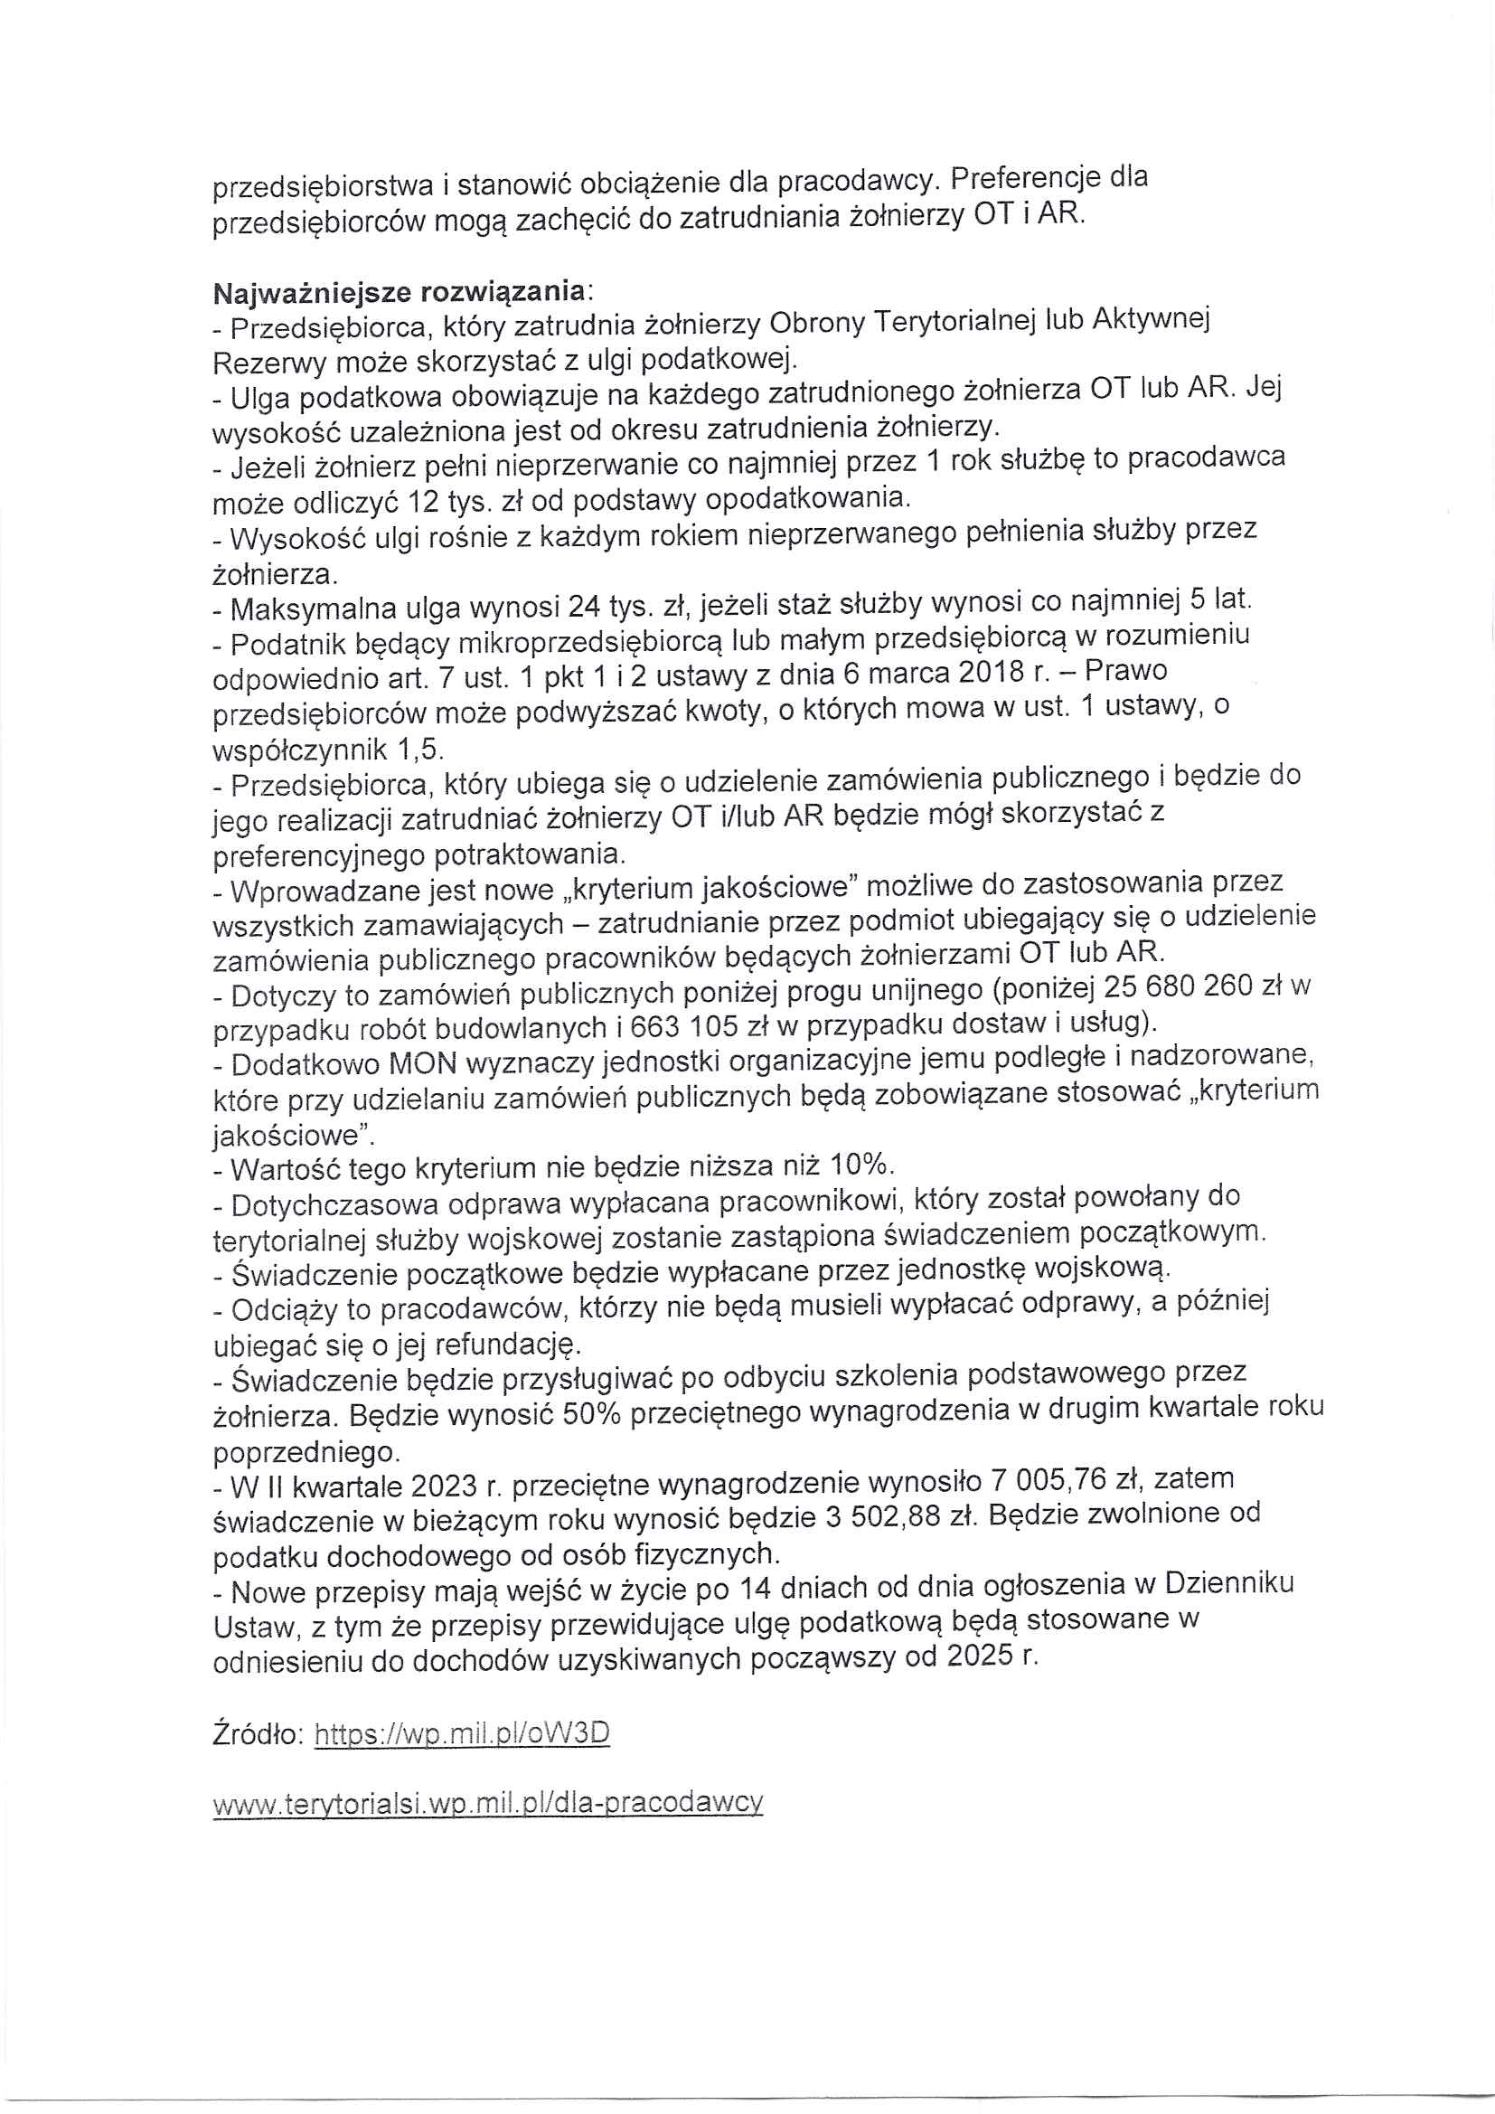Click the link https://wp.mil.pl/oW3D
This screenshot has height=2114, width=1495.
click(x=462, y=1734)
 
